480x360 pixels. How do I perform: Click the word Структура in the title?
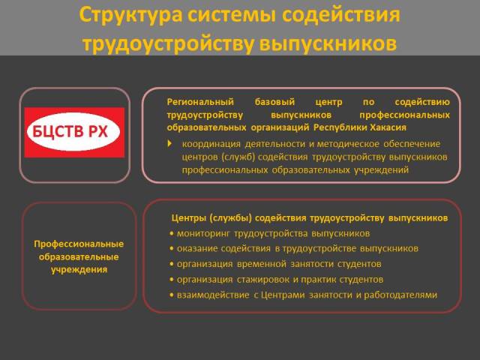130,15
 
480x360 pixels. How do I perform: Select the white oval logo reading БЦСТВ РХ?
73,132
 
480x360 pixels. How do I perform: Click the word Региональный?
200,102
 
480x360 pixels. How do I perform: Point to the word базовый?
275,102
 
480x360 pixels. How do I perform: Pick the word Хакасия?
388,127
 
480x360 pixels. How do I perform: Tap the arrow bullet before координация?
170,143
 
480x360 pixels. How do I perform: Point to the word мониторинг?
203,234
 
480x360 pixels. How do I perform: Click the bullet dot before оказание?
172,248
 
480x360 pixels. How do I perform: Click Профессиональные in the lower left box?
79,244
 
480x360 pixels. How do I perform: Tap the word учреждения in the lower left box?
79,270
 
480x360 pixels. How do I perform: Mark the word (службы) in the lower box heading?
230,218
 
